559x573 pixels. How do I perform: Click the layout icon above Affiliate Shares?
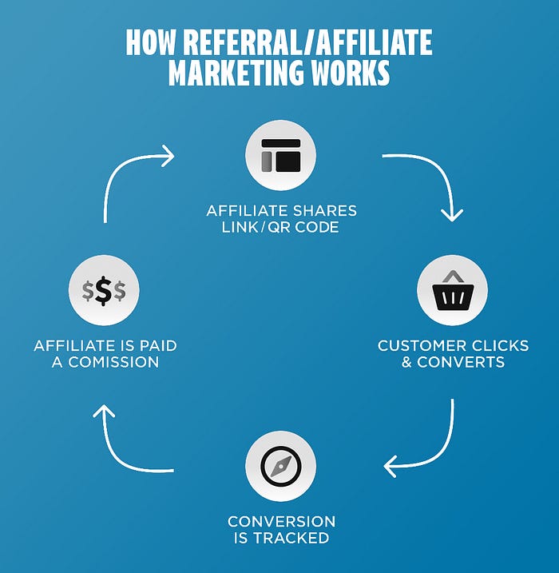pos(280,156)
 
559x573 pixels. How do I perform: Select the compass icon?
pos(280,467)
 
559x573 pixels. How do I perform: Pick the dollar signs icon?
pos(104,292)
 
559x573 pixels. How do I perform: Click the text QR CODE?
pos(307,227)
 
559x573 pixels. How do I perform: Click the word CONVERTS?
pos(461,361)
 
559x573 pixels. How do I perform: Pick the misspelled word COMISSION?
pos(111,361)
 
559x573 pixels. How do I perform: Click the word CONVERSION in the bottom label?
pos(281,521)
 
